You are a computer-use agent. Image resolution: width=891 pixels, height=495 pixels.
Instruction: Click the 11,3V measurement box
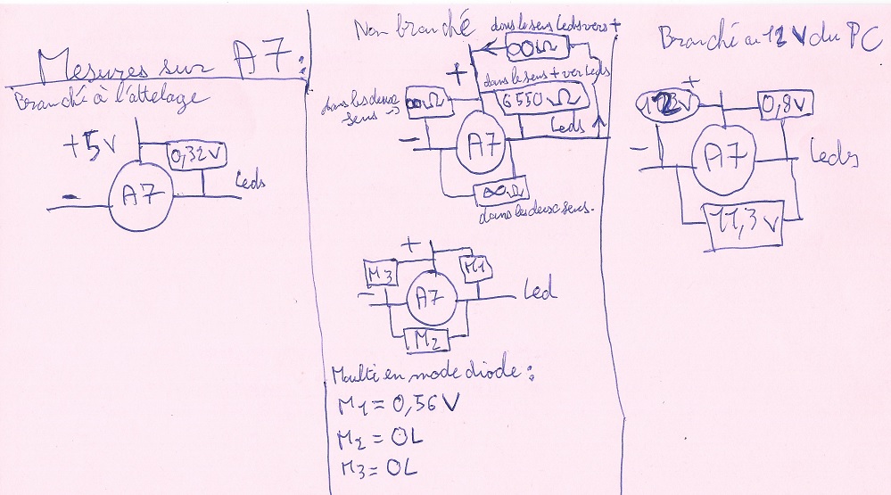click(744, 222)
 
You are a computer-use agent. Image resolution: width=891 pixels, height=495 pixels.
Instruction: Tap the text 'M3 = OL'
click(373, 467)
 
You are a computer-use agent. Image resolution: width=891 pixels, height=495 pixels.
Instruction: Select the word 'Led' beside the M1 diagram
click(538, 291)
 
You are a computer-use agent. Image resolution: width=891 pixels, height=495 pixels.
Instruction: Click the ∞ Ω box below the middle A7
click(502, 191)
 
